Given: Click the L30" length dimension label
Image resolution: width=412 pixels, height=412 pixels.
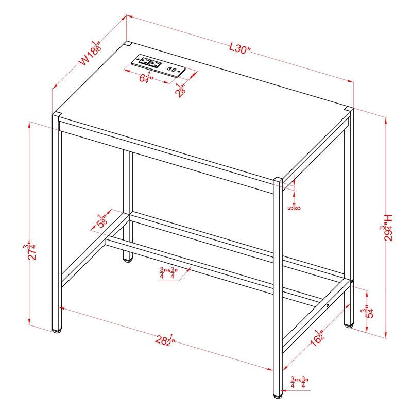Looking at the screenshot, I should (x=240, y=49).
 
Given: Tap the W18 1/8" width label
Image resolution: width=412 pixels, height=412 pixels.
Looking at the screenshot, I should (x=89, y=53).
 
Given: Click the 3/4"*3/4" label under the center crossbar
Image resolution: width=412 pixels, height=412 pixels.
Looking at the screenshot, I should (x=167, y=273).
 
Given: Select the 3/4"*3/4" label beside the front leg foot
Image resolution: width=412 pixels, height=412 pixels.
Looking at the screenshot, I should (x=298, y=382).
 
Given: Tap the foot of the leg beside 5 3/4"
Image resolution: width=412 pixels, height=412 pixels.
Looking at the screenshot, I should (x=349, y=325).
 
